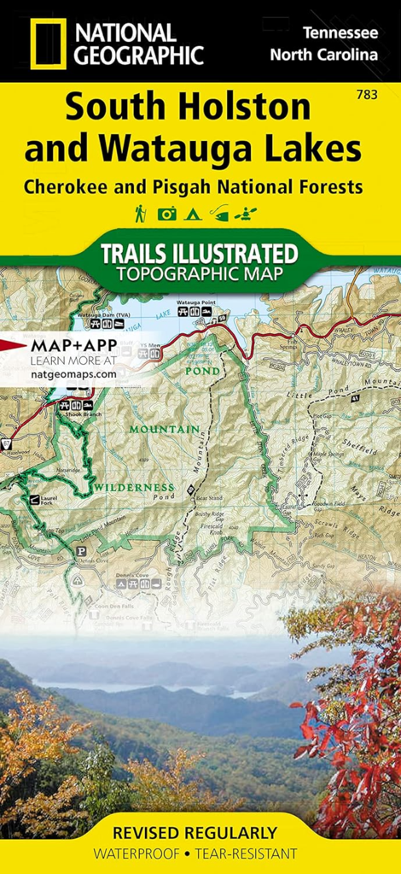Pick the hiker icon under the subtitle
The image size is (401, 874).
click(140, 214)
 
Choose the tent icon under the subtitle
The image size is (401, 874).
click(192, 214)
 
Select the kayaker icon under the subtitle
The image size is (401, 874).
click(249, 214)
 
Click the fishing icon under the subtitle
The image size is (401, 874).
click(220, 214)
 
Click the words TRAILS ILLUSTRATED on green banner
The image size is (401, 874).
click(200, 254)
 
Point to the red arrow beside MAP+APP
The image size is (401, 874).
click(13, 345)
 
